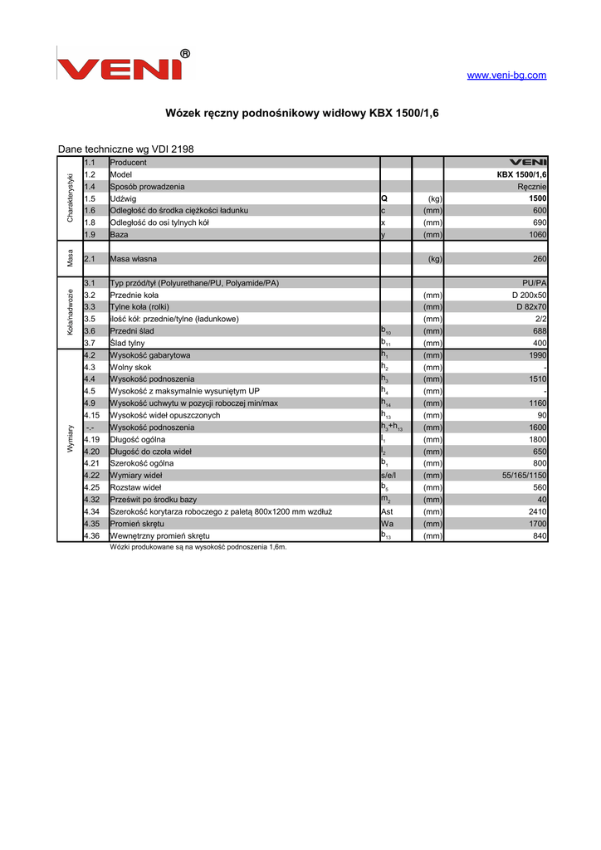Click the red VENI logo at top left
tap(122, 65)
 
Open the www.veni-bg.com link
tap(506, 76)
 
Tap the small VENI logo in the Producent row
tap(527, 163)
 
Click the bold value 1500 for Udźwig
tap(536, 199)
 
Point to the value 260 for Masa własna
tap(539, 259)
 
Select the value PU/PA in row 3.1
tap(534, 283)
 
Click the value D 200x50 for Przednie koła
tap(529, 295)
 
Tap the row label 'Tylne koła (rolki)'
tap(139, 307)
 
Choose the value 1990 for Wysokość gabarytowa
tap(536, 355)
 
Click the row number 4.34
tap(92, 511)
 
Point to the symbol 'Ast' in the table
tap(387, 511)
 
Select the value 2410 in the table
tap(536, 511)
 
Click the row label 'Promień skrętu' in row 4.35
tap(137, 524)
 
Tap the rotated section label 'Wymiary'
tap(70, 439)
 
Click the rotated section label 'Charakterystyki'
tap(70, 198)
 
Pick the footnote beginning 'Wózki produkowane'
tap(198, 547)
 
